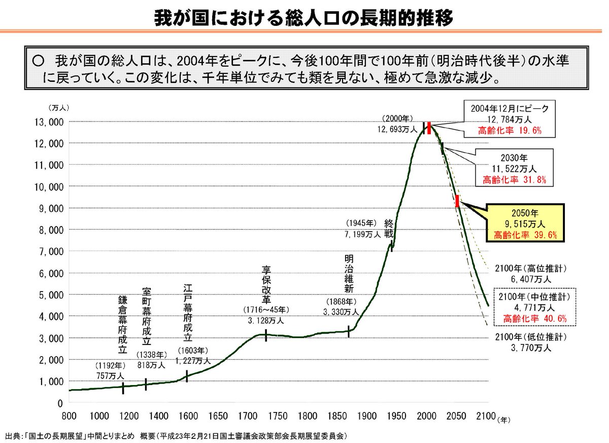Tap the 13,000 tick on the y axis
[x=49, y=122]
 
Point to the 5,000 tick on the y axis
[x=51, y=295]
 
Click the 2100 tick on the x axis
[x=486, y=415]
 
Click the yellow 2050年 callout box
[x=524, y=222]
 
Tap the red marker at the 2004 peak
[x=429, y=128]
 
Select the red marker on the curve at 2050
[x=457, y=201]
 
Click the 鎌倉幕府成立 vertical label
[x=122, y=325]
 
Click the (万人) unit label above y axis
[x=59, y=108]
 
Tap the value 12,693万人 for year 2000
[x=397, y=130]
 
